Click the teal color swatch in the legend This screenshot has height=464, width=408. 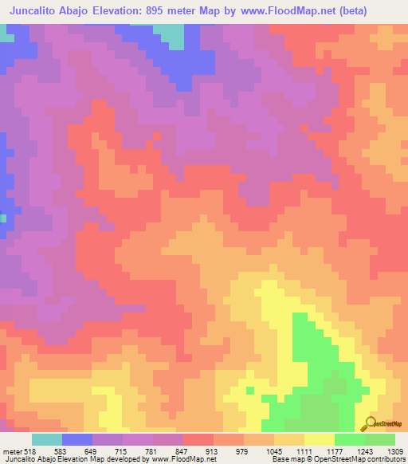(x=47, y=439)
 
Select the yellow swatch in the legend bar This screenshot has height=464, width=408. (x=320, y=439)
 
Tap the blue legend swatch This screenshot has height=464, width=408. (x=77, y=439)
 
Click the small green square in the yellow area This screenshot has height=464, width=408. (x=250, y=390)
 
